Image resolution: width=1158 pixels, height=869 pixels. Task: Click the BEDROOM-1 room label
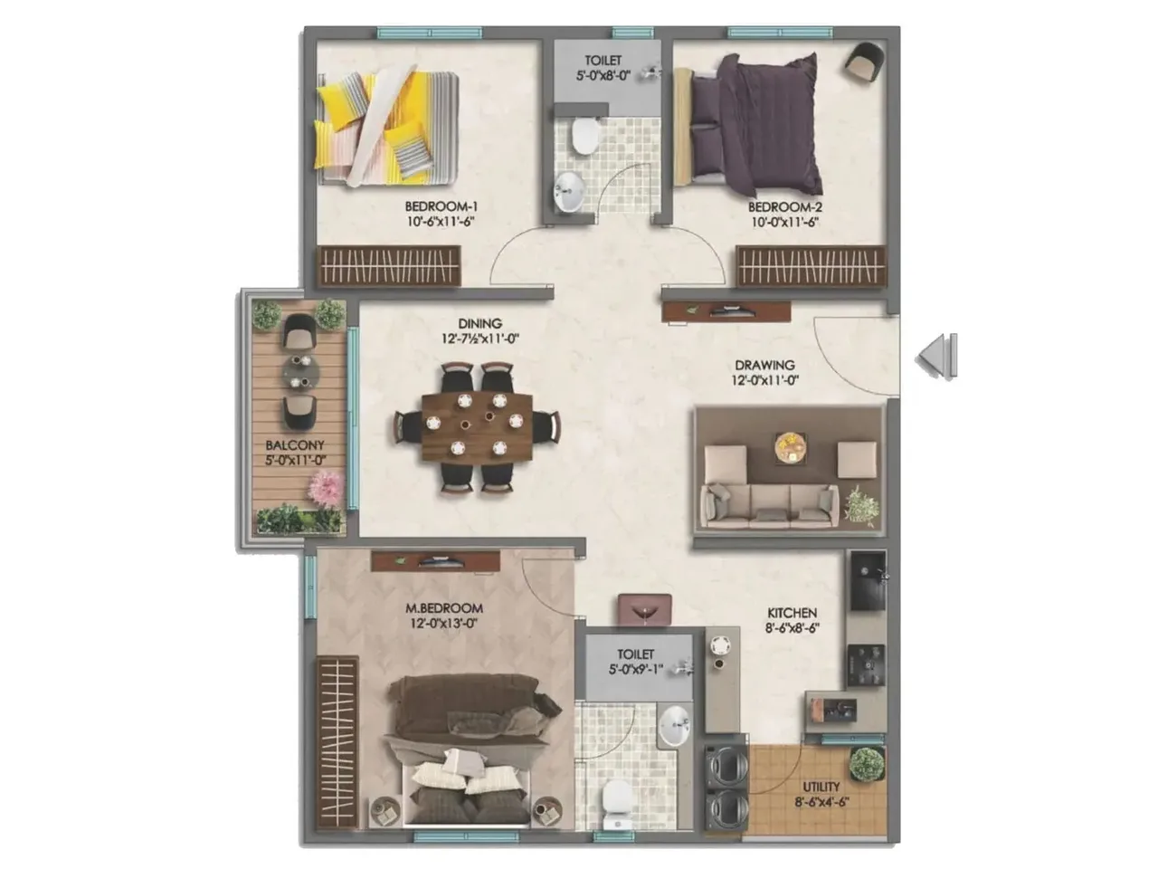[x=441, y=206]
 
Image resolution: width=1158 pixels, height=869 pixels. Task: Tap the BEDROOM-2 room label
[x=784, y=206]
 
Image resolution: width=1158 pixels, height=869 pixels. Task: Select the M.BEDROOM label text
[x=443, y=608]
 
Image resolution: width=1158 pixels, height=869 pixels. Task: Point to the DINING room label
[x=479, y=323]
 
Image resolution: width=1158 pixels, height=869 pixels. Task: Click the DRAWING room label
[x=764, y=365]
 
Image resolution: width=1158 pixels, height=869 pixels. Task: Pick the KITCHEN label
[x=792, y=613]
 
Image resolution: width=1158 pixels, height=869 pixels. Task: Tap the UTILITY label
[x=821, y=787]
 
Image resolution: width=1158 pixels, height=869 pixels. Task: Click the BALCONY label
[x=295, y=445]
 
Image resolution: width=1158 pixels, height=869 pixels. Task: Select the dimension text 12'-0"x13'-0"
[x=443, y=623]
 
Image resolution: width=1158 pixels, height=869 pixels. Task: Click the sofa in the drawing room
[x=771, y=503]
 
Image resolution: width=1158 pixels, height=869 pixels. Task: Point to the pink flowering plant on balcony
[x=323, y=489]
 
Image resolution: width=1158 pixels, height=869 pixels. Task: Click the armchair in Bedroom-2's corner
[x=864, y=62]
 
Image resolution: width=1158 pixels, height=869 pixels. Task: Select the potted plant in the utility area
[x=866, y=765]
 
